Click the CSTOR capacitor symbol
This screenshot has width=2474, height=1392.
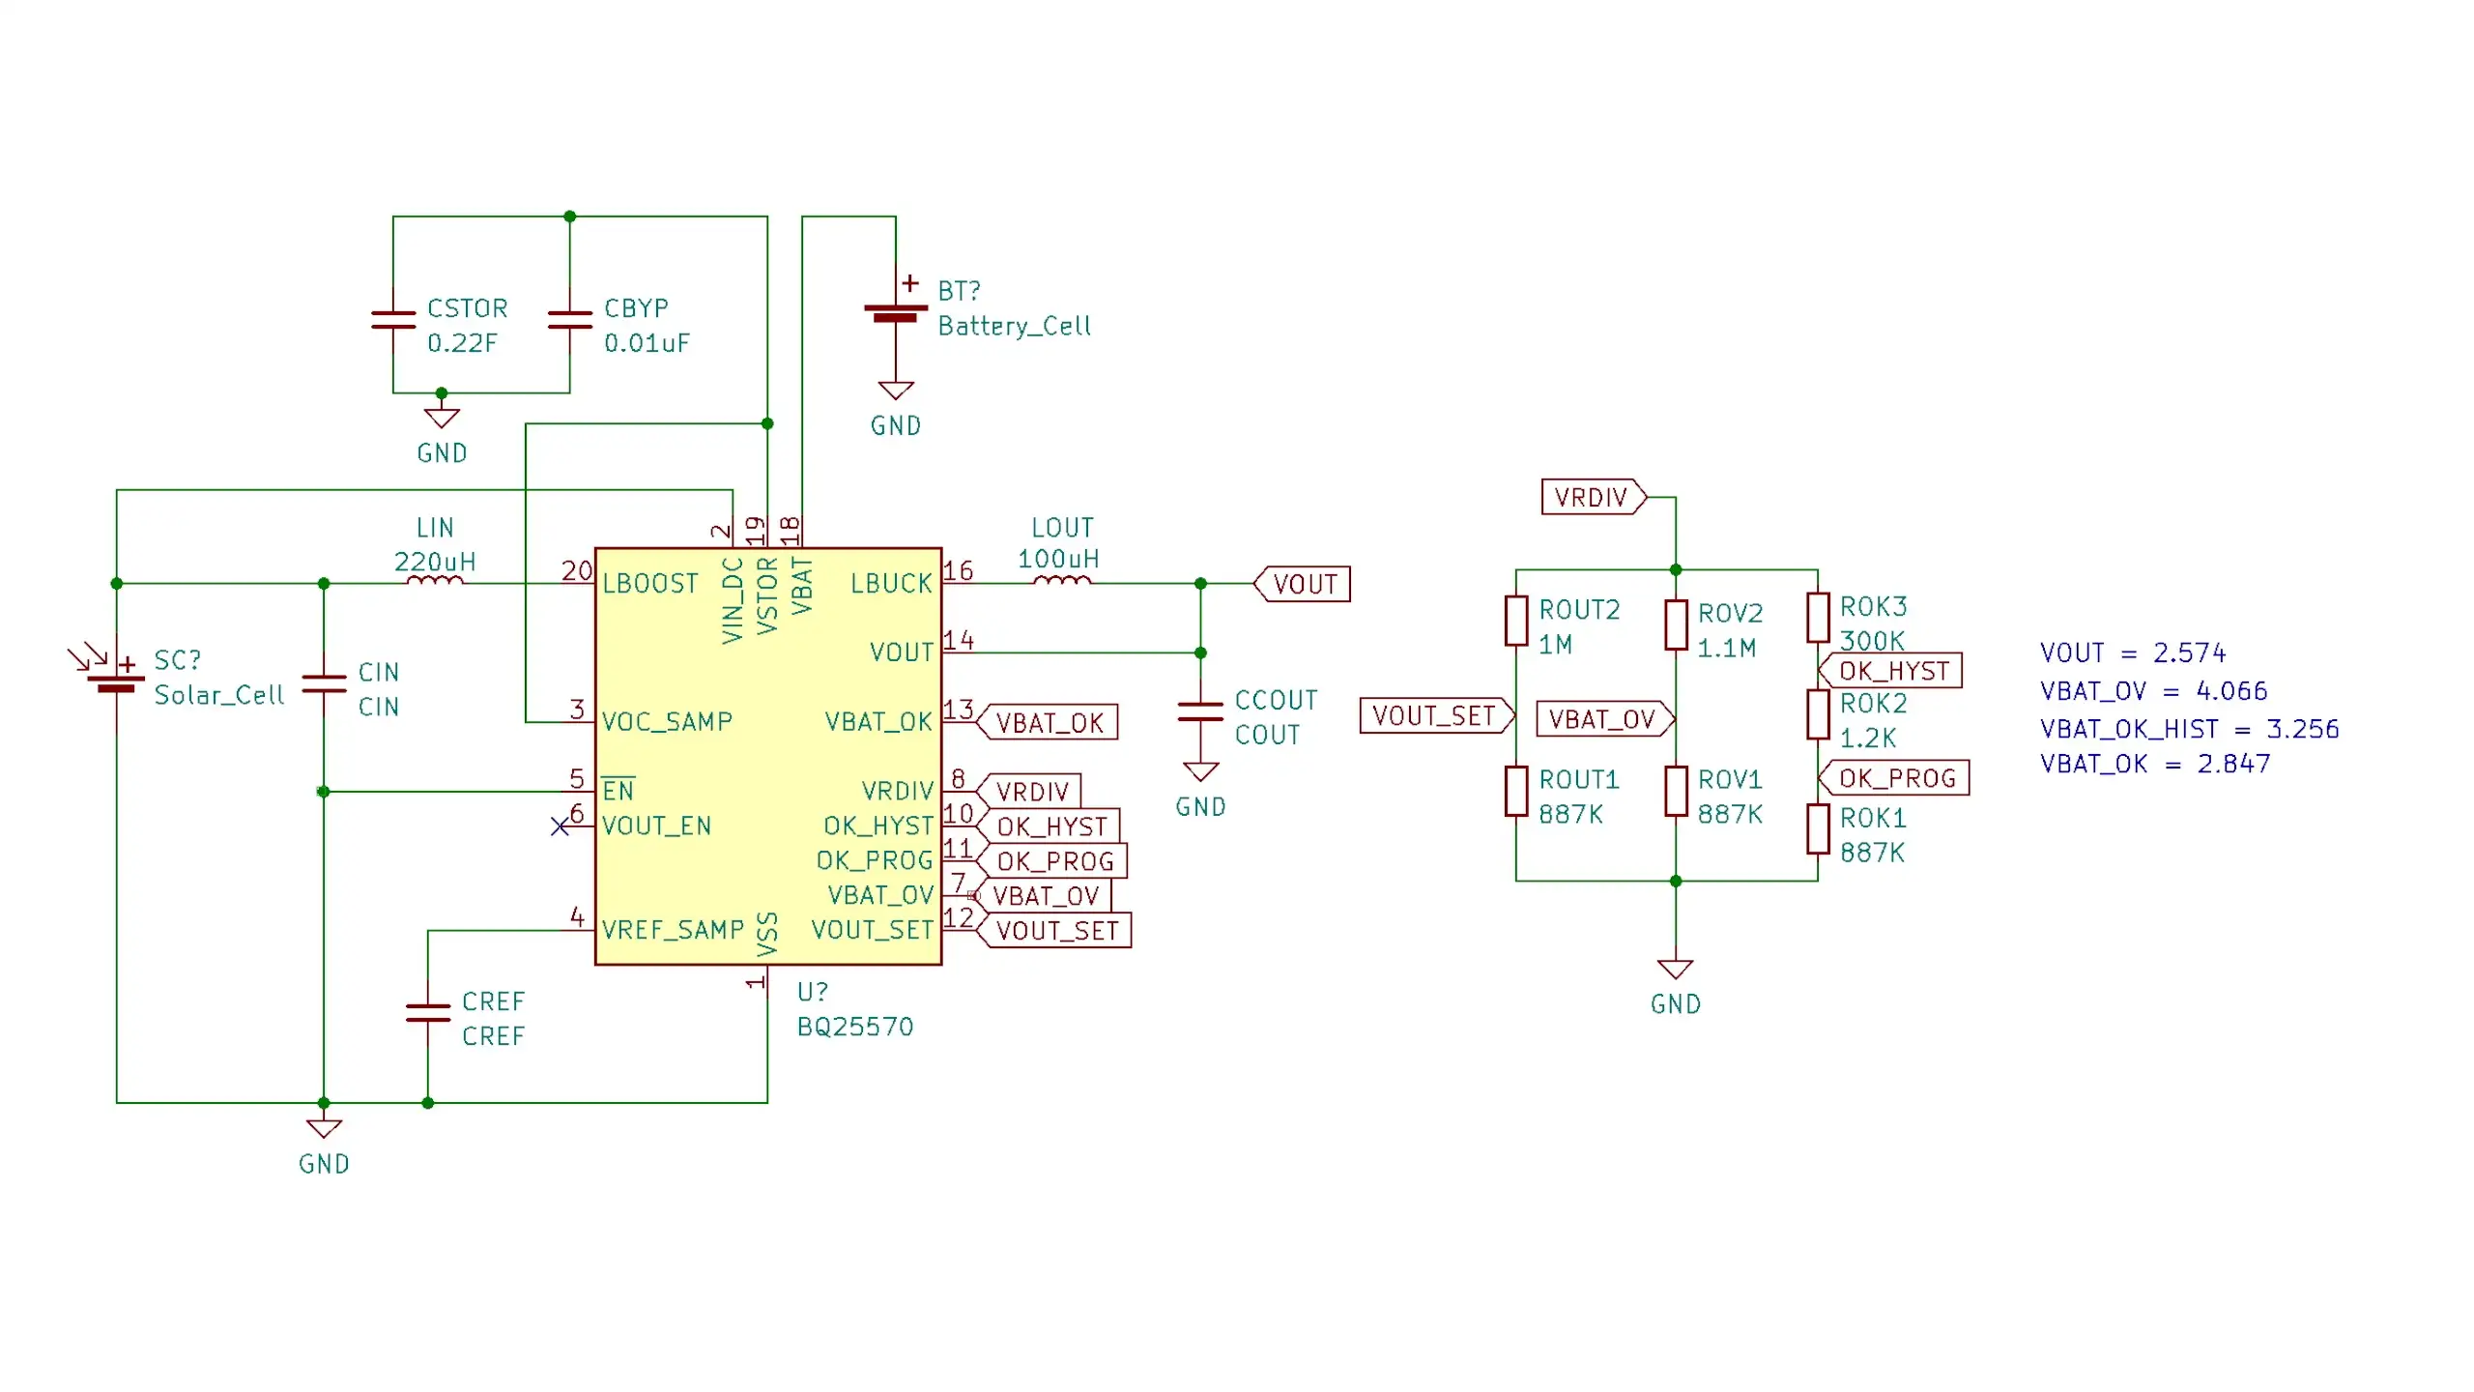(393, 320)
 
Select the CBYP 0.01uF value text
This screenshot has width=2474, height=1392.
(647, 343)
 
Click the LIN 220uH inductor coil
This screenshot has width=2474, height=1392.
(435, 580)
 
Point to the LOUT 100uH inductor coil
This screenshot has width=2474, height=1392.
(1061, 580)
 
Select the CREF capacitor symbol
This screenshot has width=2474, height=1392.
(428, 1012)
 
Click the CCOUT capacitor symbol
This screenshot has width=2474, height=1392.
(1200, 711)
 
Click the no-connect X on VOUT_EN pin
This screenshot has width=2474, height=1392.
(560, 826)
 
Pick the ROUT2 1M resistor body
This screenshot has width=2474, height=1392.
(1516, 621)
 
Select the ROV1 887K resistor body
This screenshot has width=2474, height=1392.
(1676, 791)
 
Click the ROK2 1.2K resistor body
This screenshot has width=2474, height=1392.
(1818, 714)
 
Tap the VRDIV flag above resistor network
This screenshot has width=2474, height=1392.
(1592, 497)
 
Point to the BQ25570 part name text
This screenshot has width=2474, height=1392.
(855, 1027)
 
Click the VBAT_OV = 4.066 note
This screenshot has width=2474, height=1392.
(2153, 691)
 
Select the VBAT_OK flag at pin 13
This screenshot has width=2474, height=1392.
(1050, 723)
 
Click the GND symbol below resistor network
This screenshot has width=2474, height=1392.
(1675, 970)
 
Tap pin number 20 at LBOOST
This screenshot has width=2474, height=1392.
(576, 570)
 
